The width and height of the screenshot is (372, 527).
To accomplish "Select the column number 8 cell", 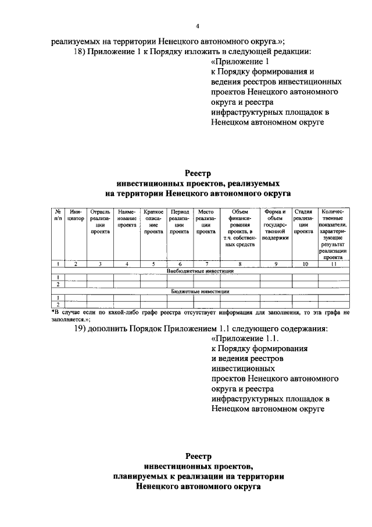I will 240,264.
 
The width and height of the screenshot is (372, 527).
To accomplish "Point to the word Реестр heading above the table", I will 197,173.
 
